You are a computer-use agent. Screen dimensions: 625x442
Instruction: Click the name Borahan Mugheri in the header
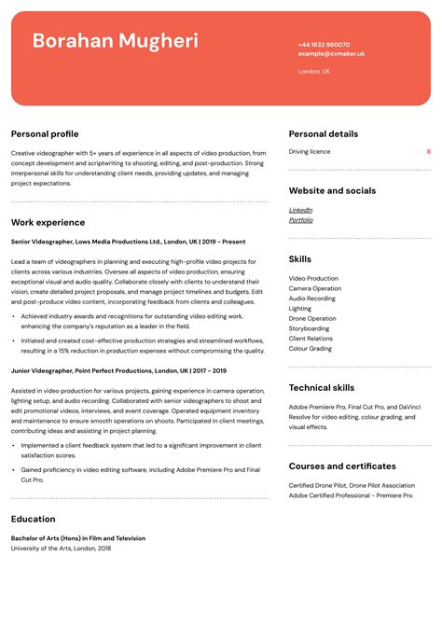115,41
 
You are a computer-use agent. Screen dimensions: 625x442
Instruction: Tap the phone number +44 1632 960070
324,45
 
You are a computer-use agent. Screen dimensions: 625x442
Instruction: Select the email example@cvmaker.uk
331,54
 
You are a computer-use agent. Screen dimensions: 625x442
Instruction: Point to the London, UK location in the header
313,71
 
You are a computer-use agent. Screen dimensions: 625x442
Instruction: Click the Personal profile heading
45,134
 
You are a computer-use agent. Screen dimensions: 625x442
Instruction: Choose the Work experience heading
48,223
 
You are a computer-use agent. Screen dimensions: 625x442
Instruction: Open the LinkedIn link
300,210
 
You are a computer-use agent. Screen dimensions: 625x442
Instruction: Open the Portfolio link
300,220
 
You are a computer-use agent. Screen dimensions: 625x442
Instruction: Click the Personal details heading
323,134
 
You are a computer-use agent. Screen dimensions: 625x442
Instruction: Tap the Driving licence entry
309,151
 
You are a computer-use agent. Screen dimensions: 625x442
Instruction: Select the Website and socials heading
332,191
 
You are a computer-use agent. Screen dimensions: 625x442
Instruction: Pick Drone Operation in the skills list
312,318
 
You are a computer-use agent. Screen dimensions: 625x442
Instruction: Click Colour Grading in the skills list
310,349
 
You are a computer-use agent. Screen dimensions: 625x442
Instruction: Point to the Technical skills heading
321,388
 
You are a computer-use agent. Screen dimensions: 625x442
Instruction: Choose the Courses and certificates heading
341,466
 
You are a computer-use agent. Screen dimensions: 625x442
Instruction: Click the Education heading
33,520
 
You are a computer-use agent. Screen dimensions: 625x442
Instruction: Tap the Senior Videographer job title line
128,242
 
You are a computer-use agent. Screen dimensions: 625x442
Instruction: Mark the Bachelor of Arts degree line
77,538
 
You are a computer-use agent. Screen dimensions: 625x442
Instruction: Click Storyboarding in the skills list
309,328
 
